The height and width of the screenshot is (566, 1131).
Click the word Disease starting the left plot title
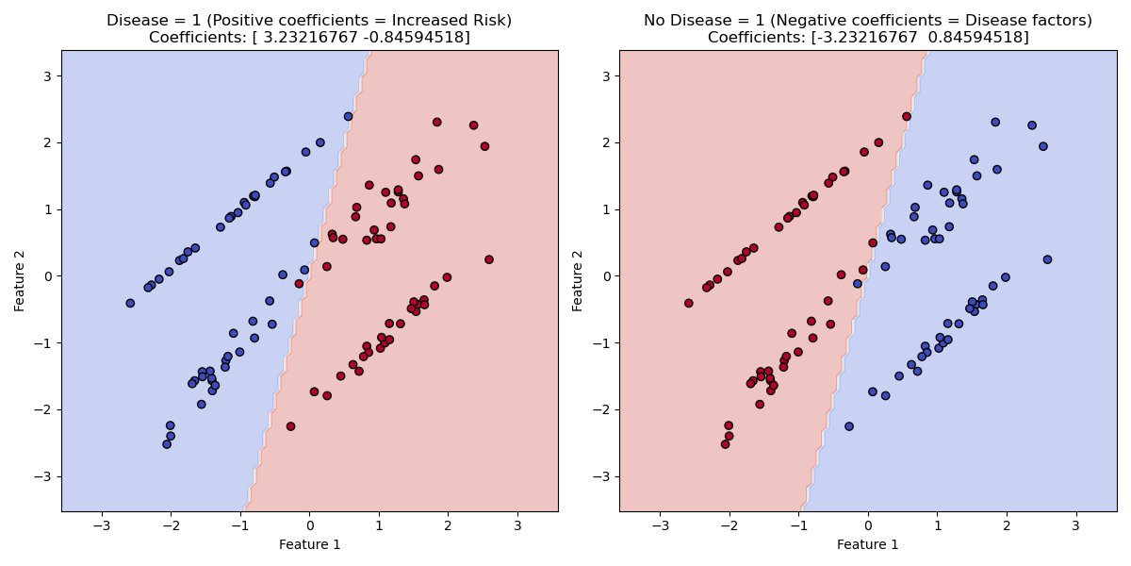135,20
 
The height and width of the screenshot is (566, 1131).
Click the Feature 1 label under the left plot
309,544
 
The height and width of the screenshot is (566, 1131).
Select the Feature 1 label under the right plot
867,544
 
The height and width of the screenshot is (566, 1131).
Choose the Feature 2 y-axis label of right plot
579,275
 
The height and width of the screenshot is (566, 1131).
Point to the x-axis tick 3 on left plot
516,524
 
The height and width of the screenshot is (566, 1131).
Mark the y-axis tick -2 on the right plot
602,409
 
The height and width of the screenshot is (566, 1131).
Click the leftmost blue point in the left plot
130,303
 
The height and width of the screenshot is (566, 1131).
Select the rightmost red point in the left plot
488,259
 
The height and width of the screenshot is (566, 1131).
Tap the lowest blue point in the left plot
167,444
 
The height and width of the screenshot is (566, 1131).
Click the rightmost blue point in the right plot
1046,259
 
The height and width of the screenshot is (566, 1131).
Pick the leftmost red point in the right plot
688,303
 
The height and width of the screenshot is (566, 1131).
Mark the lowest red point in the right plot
725,444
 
